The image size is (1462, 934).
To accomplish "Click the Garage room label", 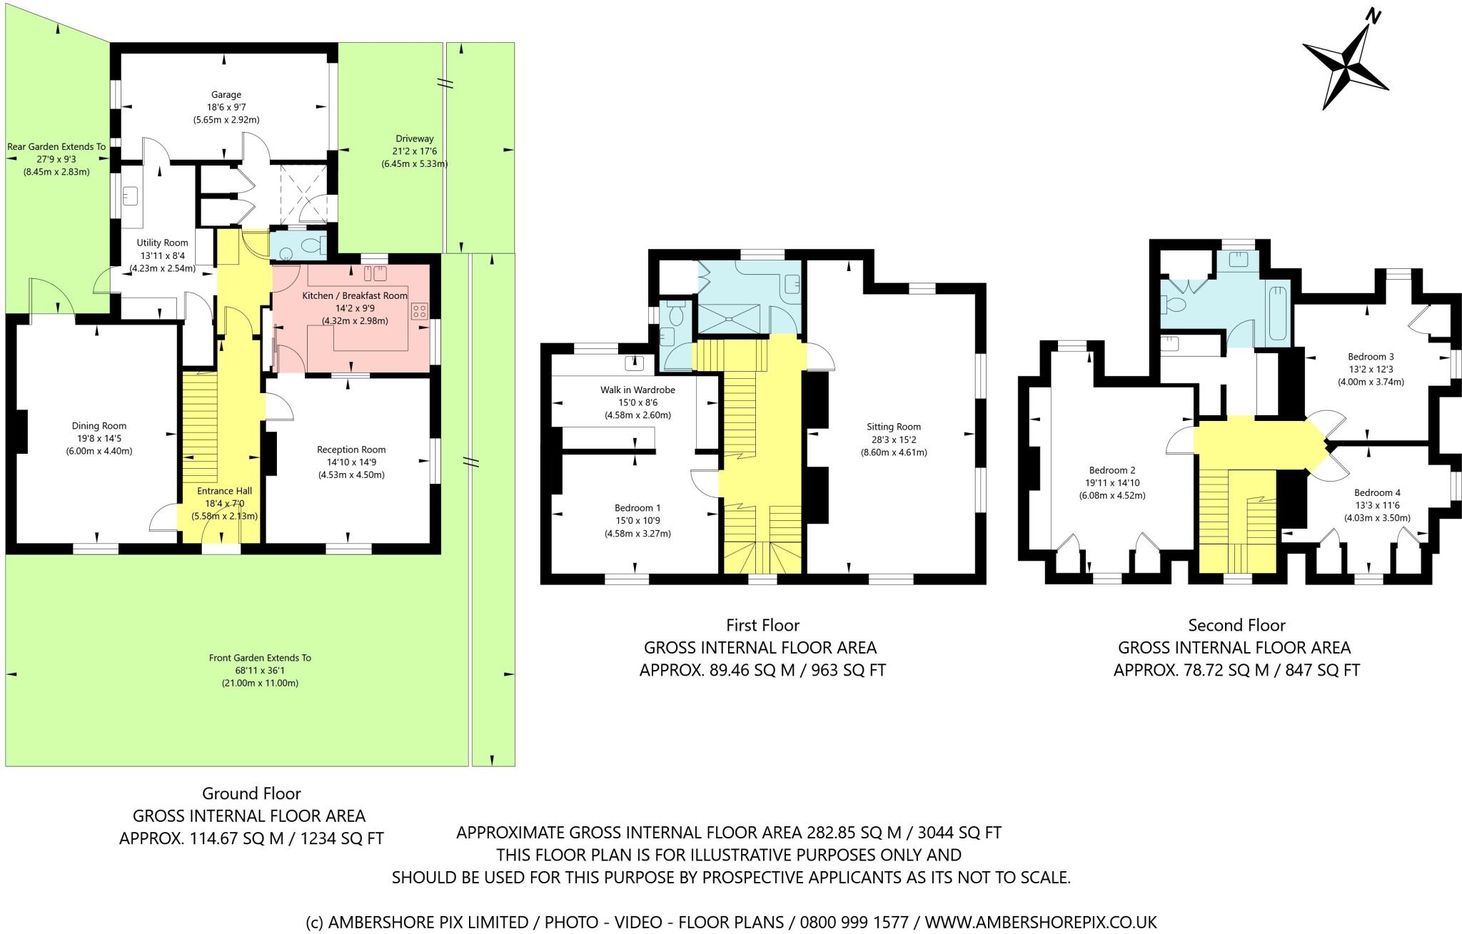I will pyautogui.click(x=226, y=94).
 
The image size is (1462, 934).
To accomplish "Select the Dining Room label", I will pyautogui.click(x=99, y=426).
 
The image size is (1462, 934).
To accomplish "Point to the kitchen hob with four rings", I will pyautogui.click(x=420, y=311).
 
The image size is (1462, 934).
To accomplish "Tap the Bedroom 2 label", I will pyautogui.click(x=1111, y=470).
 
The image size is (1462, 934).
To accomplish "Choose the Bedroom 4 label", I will pyautogui.click(x=1377, y=492).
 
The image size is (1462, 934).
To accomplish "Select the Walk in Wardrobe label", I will pyautogui.click(x=637, y=390).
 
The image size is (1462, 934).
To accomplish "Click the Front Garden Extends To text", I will pyautogui.click(x=260, y=658).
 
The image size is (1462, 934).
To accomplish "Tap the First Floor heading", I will pyautogui.click(x=762, y=626).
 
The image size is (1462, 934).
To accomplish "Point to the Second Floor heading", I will pyautogui.click(x=1236, y=626).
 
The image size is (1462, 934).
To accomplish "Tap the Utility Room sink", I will pyautogui.click(x=131, y=195).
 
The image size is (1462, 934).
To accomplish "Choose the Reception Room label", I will pyautogui.click(x=351, y=450).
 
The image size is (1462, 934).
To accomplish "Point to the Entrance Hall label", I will pyautogui.click(x=224, y=491).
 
